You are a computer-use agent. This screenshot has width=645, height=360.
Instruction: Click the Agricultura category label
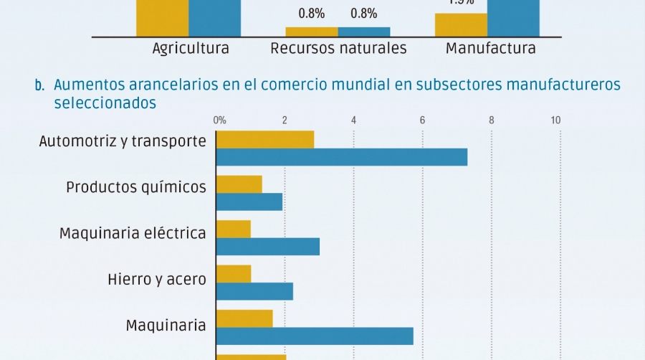click(x=191, y=49)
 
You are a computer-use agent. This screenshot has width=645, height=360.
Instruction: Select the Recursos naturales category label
click(x=338, y=49)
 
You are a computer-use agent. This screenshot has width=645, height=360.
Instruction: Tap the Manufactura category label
click(x=490, y=49)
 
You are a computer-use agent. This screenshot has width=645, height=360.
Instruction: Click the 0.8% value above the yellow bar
click(x=312, y=13)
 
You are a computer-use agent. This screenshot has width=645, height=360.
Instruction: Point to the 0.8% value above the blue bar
click(x=364, y=13)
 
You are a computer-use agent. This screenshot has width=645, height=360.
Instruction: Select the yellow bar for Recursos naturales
click(x=312, y=32)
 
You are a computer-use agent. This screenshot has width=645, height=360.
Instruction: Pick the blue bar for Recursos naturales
click(x=364, y=32)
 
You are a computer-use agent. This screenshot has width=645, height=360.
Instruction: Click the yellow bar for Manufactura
click(x=461, y=24)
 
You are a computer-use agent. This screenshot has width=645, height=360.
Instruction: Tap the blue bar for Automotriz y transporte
click(x=342, y=157)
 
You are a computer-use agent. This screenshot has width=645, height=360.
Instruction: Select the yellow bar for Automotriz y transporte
click(x=265, y=140)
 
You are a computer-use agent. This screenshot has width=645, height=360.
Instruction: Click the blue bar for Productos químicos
click(x=249, y=202)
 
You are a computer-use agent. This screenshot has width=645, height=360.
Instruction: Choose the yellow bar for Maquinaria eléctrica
click(x=234, y=229)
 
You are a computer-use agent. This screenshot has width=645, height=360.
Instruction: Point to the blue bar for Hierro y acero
click(x=254, y=291)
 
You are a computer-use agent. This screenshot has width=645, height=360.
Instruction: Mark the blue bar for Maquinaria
click(x=315, y=336)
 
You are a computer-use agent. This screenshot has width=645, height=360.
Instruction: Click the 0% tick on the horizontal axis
click(x=220, y=120)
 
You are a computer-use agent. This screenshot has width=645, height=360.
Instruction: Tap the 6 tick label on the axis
click(x=422, y=120)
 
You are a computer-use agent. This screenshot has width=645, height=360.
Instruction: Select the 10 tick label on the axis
click(x=555, y=120)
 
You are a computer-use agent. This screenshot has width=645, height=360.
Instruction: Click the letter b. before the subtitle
click(x=39, y=86)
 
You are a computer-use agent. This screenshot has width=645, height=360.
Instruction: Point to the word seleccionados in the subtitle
click(x=105, y=103)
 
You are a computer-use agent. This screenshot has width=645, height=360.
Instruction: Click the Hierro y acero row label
click(x=157, y=279)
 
